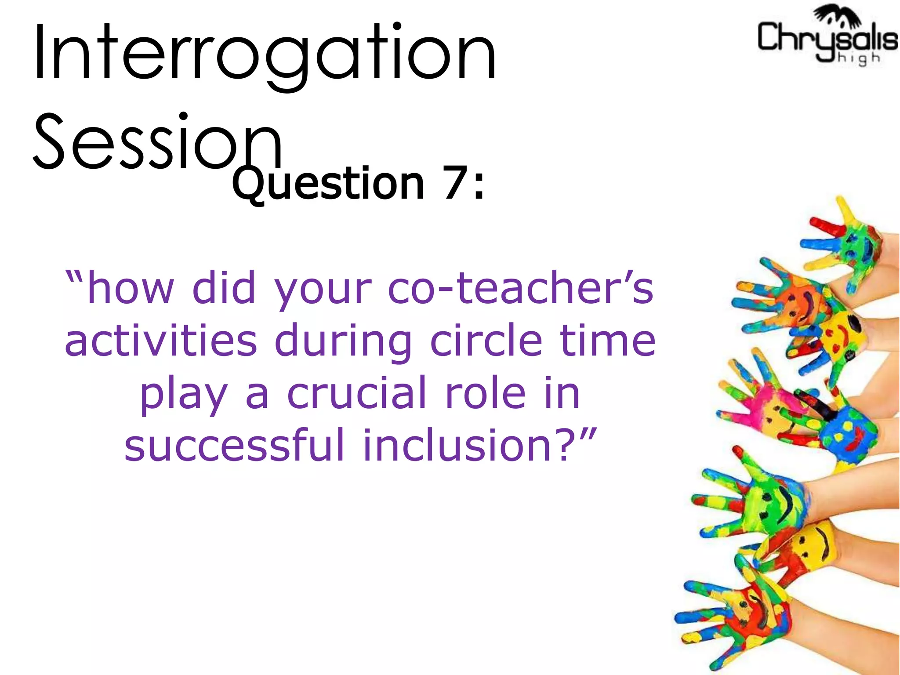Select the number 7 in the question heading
(454, 184)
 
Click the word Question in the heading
(328, 184)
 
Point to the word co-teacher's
(521, 288)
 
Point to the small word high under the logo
(859, 58)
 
